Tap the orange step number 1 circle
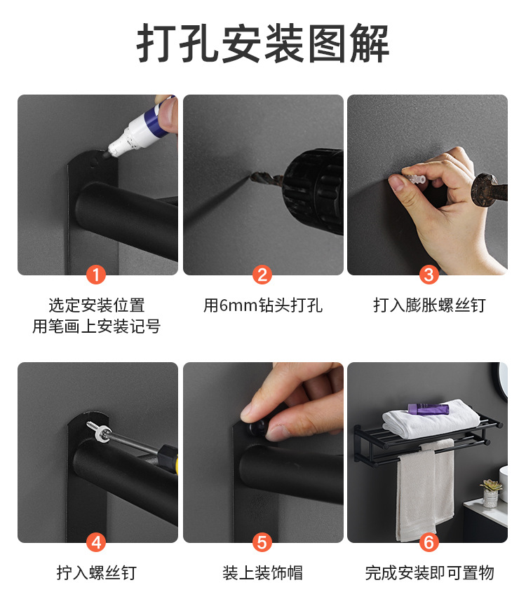97,274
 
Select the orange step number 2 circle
263,274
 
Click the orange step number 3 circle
429,274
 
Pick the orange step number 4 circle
97,542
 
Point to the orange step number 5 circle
263,542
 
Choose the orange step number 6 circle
429,542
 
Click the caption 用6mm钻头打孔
263,305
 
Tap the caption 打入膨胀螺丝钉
429,305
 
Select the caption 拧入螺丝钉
97,573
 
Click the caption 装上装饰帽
263,573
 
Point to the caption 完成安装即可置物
429,573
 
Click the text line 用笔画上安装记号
97,326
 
